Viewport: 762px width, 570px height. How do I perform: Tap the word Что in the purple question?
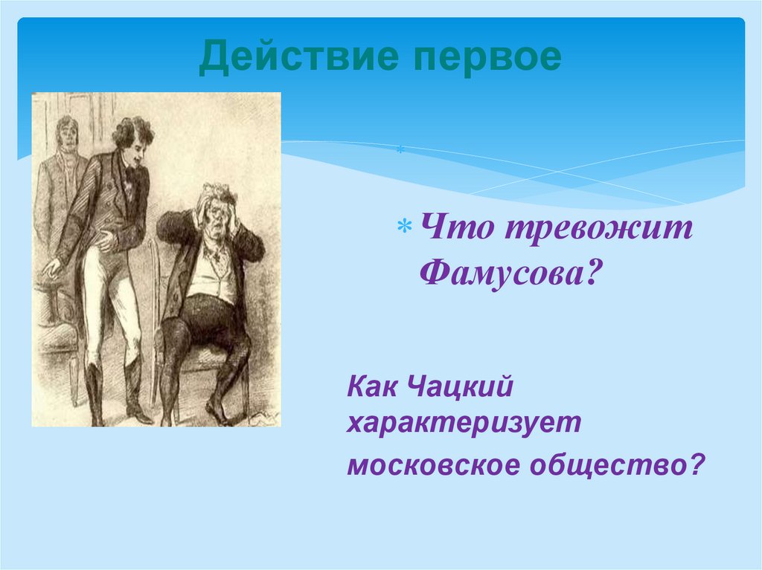(x=455, y=230)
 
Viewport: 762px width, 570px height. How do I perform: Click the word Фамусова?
(x=510, y=275)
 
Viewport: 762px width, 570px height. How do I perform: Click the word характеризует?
(x=463, y=424)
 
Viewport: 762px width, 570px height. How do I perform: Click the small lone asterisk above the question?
(x=400, y=152)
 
